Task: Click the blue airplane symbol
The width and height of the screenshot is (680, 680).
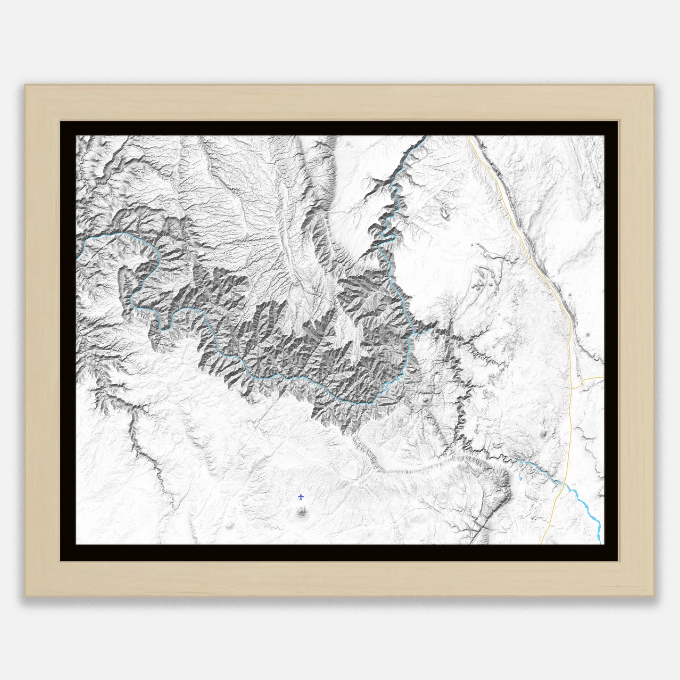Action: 300,497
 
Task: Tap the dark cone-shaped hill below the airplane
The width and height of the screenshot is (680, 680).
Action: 301,512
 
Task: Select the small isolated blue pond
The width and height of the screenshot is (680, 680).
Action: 521,479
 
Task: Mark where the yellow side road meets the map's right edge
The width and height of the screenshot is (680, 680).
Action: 604,377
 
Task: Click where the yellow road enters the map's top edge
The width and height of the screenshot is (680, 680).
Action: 469,136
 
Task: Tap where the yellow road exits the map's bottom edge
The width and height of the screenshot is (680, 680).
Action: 541,544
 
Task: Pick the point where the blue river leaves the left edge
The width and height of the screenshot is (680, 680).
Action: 76,259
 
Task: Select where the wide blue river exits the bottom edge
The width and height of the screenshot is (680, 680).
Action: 600,544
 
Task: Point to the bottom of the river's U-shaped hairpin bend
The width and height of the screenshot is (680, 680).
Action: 163,330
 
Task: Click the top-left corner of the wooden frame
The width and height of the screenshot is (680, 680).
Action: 25,84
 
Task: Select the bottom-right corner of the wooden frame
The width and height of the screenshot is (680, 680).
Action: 655,596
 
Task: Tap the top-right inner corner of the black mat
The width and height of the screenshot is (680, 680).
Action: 604,136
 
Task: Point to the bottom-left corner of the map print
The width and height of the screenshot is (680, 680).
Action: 76,544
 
